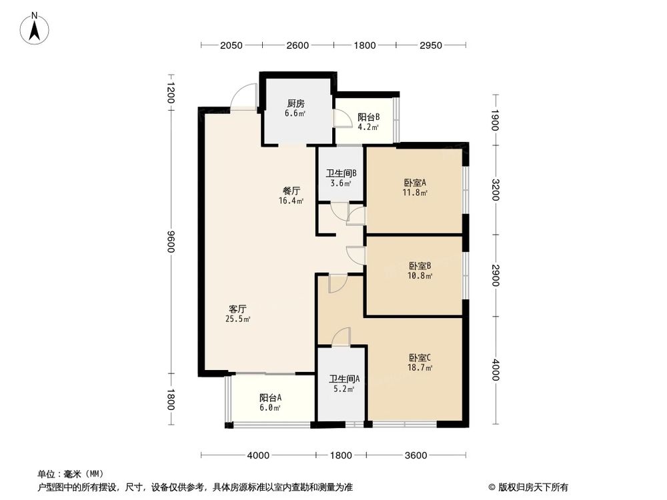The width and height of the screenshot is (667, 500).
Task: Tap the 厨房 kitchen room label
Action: tap(296, 103)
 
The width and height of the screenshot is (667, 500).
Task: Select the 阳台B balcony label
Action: tap(368, 117)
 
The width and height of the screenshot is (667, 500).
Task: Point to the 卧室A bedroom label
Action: tap(414, 183)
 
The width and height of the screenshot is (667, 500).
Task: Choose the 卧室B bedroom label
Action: tap(420, 265)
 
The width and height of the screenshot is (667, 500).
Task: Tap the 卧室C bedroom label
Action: tap(421, 357)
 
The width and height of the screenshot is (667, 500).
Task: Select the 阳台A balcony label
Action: tap(270, 398)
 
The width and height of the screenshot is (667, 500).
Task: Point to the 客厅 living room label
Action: tap(238, 309)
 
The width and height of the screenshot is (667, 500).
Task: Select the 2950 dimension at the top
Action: tap(431, 45)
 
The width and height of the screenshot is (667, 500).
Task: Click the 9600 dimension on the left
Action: tap(171, 241)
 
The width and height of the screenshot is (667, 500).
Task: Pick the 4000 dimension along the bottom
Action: tap(258, 455)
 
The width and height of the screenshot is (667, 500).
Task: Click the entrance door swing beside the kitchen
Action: tap(243, 97)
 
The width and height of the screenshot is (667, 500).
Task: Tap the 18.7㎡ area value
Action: tap(421, 367)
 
